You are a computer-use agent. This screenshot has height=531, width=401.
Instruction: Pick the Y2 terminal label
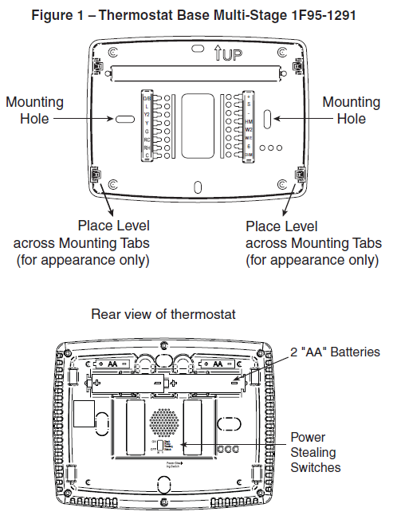pos(146,114)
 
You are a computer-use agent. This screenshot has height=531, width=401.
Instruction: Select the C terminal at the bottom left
pos(146,155)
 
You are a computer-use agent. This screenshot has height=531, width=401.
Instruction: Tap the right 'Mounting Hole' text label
pos(351,111)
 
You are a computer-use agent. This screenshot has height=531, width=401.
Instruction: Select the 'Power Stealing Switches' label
pos(316,452)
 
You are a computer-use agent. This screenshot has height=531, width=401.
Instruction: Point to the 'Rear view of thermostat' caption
pos(163,314)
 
